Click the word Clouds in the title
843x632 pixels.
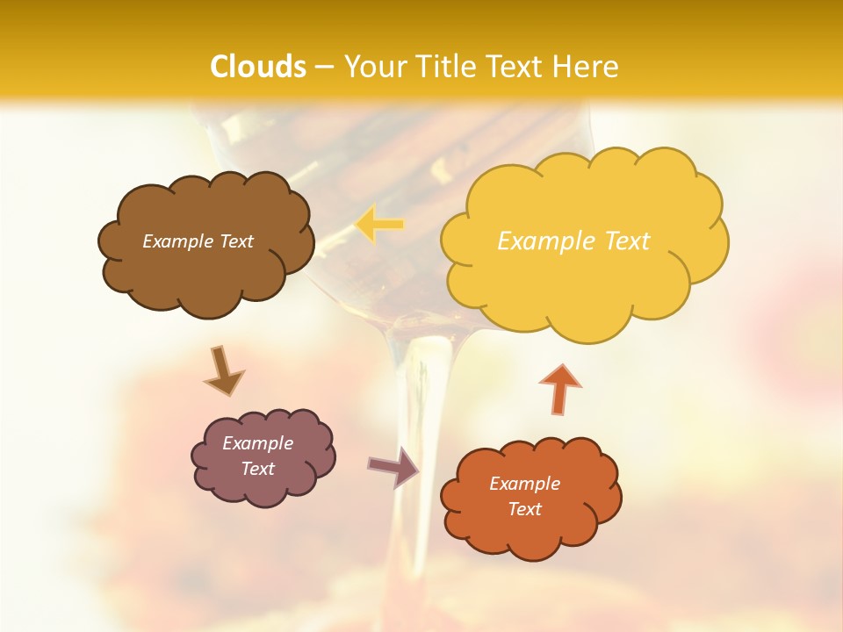coord(258,67)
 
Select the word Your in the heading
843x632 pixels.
coord(376,67)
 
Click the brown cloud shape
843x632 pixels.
coord(205,263)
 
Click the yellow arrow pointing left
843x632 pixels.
coord(379,225)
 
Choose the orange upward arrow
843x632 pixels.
coord(560,388)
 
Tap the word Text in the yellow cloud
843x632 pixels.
coord(620,241)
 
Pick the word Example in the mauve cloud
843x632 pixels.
coord(258,443)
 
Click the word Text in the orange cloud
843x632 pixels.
coord(524,509)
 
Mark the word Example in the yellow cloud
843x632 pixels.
coord(543,241)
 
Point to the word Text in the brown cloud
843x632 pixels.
coord(235,241)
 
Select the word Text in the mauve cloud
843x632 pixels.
coord(258,469)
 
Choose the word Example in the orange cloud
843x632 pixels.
coord(524,484)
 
